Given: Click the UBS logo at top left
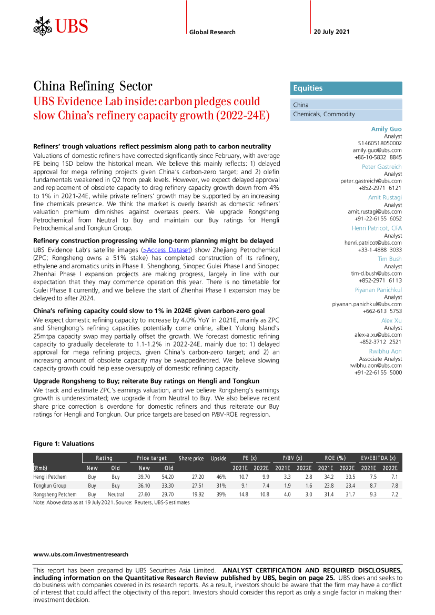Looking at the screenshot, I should [60, 25].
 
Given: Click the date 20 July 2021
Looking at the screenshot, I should [331, 32].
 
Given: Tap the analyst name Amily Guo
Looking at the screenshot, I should [387, 129].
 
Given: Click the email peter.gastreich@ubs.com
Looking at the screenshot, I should [371, 181].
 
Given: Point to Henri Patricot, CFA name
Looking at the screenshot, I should [377, 228].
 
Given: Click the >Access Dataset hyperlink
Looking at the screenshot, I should [166, 249].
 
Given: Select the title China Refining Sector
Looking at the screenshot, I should [93, 86].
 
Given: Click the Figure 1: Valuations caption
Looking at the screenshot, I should [64, 443].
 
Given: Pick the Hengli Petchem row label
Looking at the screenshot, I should [50, 477].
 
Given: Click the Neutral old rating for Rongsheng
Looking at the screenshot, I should [116, 495].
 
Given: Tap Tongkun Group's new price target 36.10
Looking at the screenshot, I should [144, 486].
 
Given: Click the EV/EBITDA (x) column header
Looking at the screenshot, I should [378, 458].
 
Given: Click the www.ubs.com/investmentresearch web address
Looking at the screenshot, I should [80, 554].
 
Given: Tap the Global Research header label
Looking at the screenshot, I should [213, 32].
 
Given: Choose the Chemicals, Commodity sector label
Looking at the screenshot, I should [324, 114].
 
